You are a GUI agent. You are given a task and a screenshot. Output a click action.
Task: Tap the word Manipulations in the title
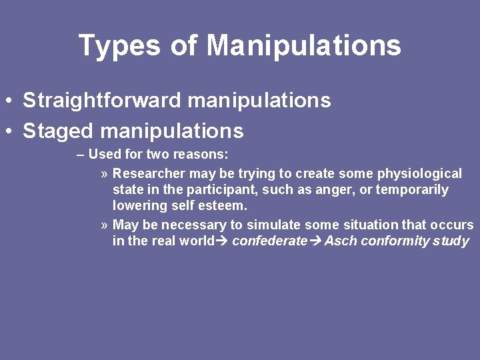[x=303, y=46]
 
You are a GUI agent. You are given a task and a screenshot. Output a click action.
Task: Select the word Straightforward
[x=101, y=101]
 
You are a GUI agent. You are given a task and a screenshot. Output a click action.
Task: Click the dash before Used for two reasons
[x=80, y=155]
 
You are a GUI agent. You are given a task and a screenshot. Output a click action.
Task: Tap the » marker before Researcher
[x=105, y=174]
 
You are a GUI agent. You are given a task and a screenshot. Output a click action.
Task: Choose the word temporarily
[x=412, y=189]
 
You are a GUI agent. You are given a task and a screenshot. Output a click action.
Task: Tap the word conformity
[x=393, y=241]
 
